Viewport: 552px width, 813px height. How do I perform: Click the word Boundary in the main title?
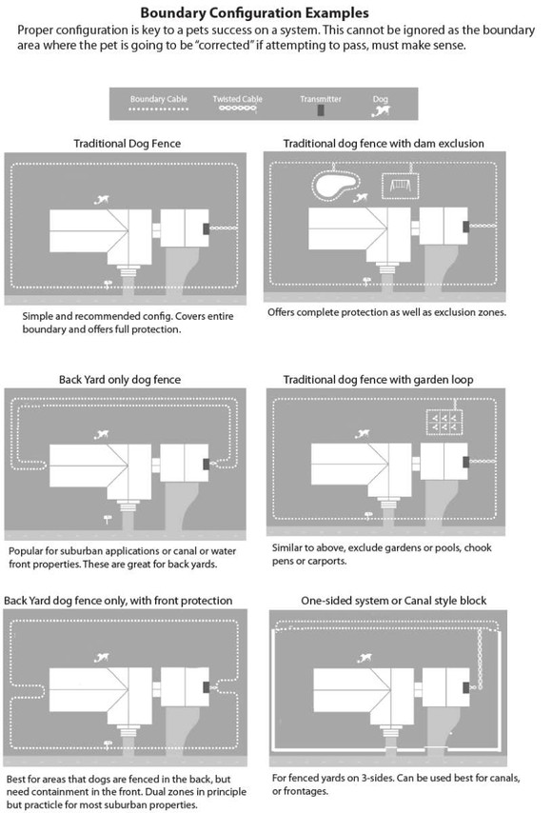(x=175, y=13)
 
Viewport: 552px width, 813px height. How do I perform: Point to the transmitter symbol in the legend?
(x=321, y=110)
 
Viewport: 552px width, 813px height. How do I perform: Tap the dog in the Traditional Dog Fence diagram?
(x=102, y=199)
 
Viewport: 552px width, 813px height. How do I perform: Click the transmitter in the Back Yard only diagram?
(x=207, y=463)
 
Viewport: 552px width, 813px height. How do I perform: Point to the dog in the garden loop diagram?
(x=367, y=436)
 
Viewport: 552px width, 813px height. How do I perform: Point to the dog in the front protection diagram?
(x=98, y=656)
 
